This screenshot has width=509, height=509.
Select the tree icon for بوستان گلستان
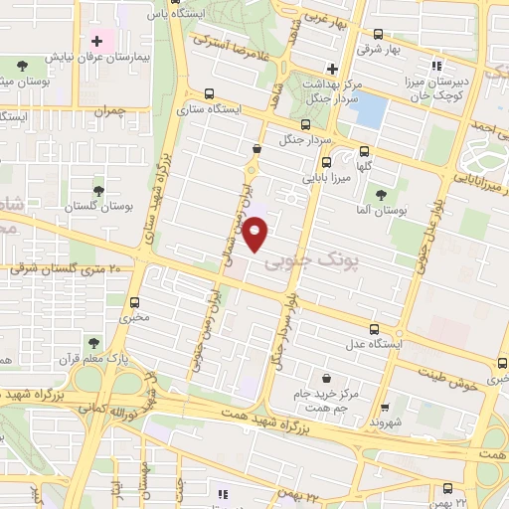pos(97,188)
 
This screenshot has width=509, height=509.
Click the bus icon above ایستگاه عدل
pos(374,330)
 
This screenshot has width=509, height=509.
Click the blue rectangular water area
pos(369,109)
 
